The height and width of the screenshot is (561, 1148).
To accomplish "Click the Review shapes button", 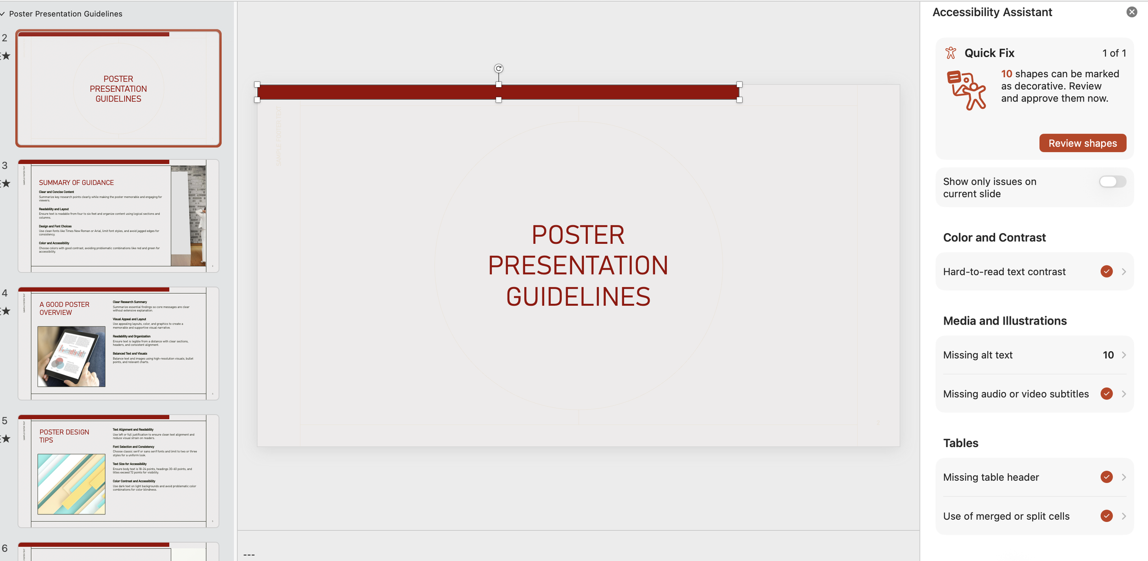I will (x=1082, y=143).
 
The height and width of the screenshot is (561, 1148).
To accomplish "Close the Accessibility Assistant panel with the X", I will (x=1131, y=12).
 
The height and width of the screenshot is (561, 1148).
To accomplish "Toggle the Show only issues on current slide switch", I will (x=1112, y=182).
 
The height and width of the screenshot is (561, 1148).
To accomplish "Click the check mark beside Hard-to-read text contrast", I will (x=1106, y=271).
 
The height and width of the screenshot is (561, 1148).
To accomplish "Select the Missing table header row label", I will (x=990, y=477).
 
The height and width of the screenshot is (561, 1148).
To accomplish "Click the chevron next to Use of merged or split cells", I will (x=1124, y=516).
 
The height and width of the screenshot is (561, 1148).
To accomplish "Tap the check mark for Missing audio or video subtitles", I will (x=1106, y=393).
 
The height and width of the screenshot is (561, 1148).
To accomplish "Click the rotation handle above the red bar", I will (x=498, y=68).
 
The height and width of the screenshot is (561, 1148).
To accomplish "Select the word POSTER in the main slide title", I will (x=578, y=235).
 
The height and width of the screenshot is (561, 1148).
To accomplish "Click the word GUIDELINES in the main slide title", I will (x=578, y=297).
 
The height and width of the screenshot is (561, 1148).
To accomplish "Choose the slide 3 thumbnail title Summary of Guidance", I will (x=76, y=183).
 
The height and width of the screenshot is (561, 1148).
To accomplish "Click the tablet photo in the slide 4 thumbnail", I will (x=71, y=356).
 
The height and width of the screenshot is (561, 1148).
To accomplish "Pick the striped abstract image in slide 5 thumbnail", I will (x=71, y=484).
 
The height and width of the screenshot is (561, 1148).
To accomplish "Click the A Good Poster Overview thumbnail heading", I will (x=64, y=309).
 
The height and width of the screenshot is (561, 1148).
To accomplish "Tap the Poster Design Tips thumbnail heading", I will (x=64, y=436).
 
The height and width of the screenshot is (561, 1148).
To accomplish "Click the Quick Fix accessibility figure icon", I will (x=951, y=53).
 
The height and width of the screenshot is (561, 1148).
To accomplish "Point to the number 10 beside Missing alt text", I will (x=1108, y=355).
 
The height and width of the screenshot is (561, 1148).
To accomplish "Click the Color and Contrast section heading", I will (x=994, y=237).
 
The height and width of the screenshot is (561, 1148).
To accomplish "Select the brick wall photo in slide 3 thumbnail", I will (x=188, y=216).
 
